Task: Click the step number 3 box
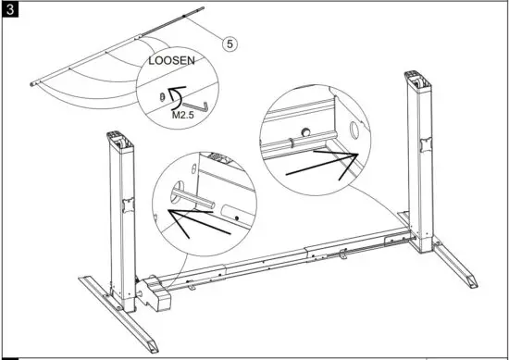(10, 10)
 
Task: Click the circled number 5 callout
(229, 41)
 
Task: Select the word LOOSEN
(173, 67)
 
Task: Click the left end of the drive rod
(34, 85)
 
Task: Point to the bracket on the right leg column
(427, 145)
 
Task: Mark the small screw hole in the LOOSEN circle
(162, 94)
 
